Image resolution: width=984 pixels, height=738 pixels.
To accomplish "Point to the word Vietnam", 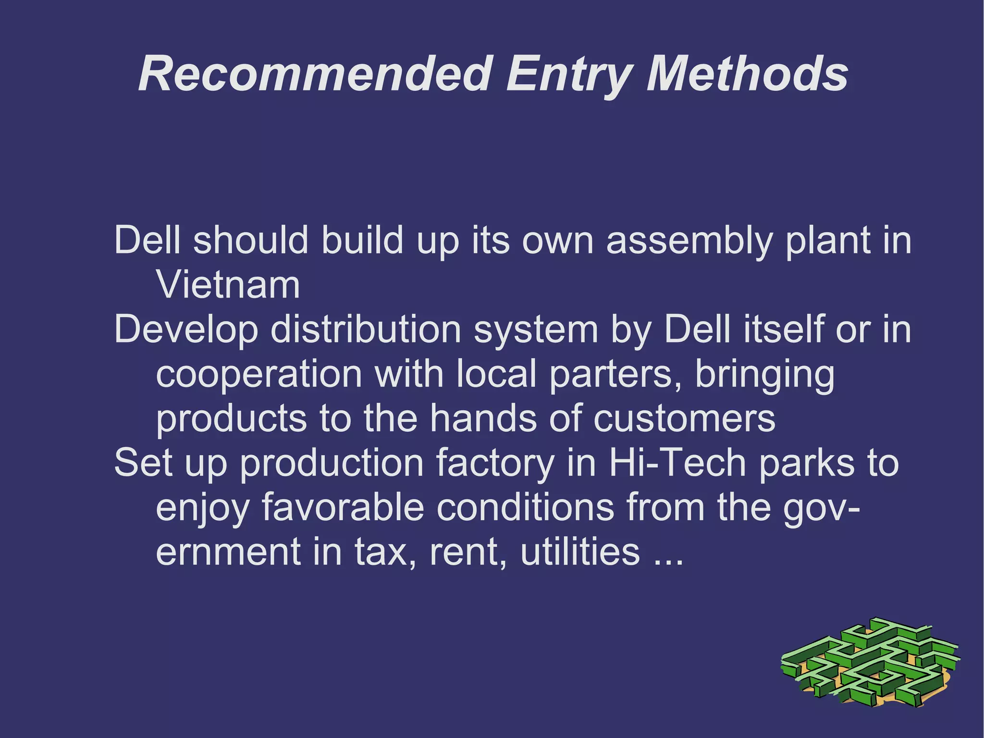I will (x=228, y=285).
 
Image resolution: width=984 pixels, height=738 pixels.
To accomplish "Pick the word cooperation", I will (x=259, y=375).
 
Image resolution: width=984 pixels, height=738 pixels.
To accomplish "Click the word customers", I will (x=684, y=419).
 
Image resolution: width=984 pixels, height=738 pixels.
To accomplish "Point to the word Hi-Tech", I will (x=678, y=463).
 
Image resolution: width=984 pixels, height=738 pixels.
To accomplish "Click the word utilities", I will (x=580, y=551).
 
